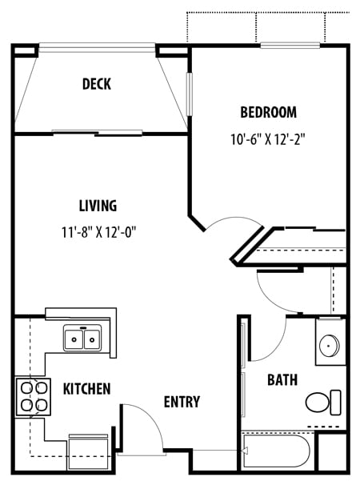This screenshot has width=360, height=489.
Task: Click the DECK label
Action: point(96,84)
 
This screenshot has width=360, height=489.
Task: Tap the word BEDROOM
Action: point(268,112)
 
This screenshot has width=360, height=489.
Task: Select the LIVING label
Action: point(98,206)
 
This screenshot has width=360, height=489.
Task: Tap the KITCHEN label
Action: point(86,389)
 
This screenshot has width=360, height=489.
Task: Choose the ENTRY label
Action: point(182,402)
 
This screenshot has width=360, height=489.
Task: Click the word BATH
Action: point(282,379)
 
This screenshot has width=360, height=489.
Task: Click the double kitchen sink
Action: point(82,340)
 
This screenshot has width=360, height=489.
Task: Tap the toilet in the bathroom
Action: point(324,401)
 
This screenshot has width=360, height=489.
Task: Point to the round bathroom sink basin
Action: point(329,346)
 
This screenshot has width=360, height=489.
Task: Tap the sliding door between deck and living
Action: point(98,132)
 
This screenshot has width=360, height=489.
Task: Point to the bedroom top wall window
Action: point(290,46)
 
